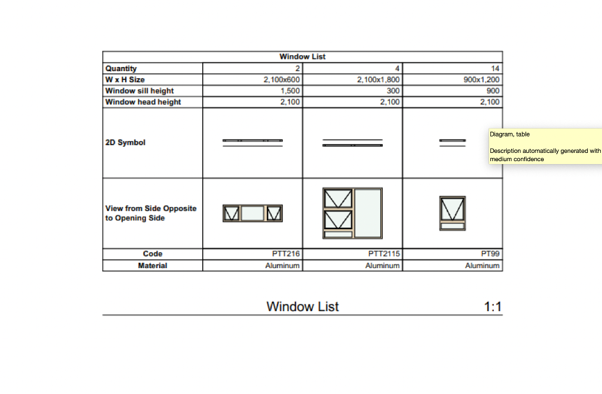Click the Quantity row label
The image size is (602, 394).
pyautogui.click(x=121, y=68)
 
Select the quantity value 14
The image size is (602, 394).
pyautogui.click(x=495, y=68)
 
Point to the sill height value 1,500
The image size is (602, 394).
pyautogui.click(x=290, y=91)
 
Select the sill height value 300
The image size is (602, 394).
pyautogui.click(x=393, y=91)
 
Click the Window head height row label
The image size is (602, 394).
pyautogui.click(x=143, y=102)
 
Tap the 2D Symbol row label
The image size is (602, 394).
pyautogui.click(x=126, y=142)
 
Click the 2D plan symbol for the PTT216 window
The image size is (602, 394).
pyautogui.click(x=253, y=143)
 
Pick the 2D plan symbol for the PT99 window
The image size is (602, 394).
pyautogui.click(x=452, y=143)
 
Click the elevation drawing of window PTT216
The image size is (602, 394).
pyautogui.click(x=253, y=213)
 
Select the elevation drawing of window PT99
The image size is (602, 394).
pyautogui.click(x=453, y=213)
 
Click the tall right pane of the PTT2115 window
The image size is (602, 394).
pyautogui.click(x=368, y=213)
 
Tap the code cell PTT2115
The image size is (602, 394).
pyautogui.click(x=384, y=254)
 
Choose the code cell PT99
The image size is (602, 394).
pyautogui.click(x=490, y=254)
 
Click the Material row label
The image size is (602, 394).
pyautogui.click(x=152, y=265)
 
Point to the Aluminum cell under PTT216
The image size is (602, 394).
pyautogui.click(x=282, y=265)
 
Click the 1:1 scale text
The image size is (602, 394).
pyautogui.click(x=493, y=306)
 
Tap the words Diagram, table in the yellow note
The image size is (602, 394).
pyautogui.click(x=510, y=135)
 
